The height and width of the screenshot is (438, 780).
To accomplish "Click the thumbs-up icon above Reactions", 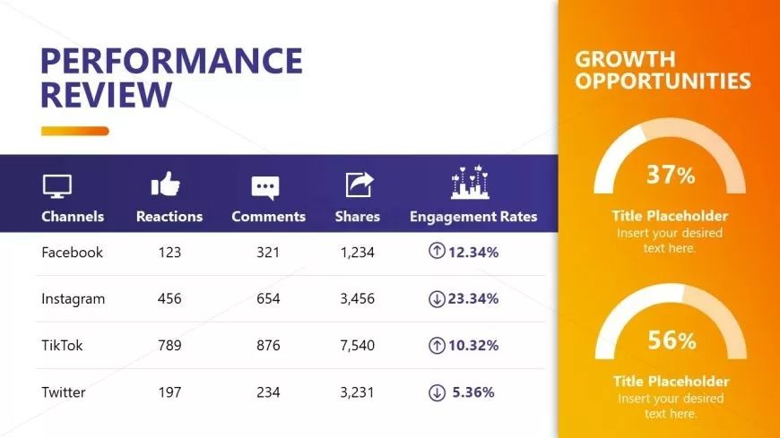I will tap(166, 185).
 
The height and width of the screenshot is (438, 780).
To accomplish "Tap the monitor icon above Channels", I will tap(57, 185).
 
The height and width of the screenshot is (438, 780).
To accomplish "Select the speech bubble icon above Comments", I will tap(265, 186).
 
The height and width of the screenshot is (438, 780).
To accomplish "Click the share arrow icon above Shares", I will tap(359, 185).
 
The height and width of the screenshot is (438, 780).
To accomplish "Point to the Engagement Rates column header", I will tap(473, 217).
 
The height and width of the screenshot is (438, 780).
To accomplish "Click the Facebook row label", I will tap(73, 253).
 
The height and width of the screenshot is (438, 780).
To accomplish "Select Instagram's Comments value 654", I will tap(268, 299).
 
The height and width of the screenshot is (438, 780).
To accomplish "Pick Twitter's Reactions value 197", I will tap(169, 392).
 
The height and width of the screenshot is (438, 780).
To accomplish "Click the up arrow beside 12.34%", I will tap(437, 253).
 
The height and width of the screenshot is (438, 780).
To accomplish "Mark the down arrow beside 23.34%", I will tap(437, 299).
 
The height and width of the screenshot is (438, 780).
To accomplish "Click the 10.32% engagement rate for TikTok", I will tap(473, 346).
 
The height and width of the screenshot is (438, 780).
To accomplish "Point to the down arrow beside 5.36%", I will tap(437, 392).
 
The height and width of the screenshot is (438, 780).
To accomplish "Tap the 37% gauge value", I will tap(671, 175).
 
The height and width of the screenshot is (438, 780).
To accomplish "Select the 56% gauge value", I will tap(671, 340).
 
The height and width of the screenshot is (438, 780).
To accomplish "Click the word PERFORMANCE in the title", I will tap(172, 61).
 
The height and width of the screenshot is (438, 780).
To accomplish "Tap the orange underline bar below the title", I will tap(75, 131).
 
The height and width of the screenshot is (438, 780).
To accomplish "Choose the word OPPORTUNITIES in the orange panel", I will tap(663, 82).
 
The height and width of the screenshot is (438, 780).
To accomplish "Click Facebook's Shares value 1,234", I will tap(357, 253).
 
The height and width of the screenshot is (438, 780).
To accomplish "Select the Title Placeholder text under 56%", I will tap(670, 382).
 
